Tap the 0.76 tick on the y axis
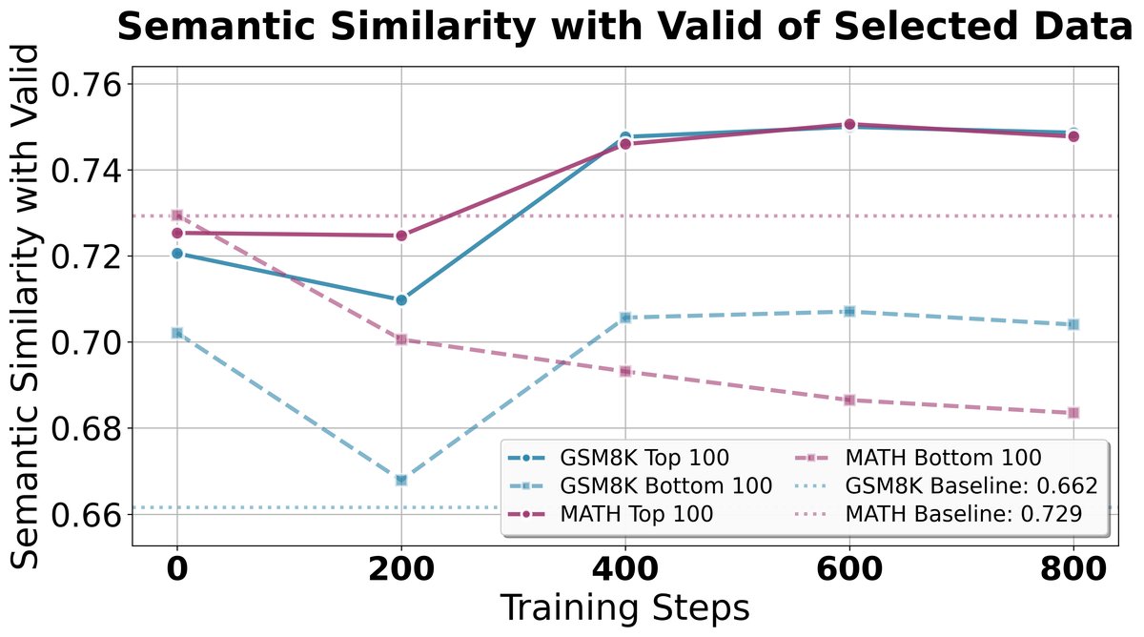[86, 85]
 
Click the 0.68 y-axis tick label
[86, 428]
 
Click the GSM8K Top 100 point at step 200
[401, 299]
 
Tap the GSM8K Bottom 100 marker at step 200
[401, 480]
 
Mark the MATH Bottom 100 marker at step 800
[1073, 413]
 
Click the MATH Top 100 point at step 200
[401, 236]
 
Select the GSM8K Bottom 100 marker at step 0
[177, 333]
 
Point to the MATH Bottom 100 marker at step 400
[625, 371]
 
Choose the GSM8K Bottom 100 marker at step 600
[849, 312]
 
